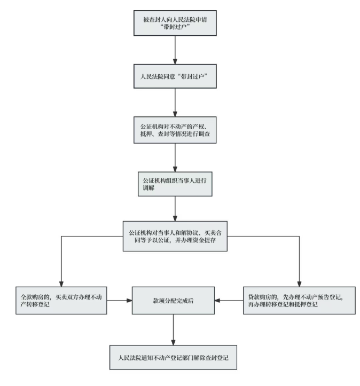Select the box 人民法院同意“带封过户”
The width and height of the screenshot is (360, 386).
[175, 76]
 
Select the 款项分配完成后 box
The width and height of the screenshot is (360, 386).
[173, 301]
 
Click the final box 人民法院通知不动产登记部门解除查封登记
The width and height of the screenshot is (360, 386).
[173, 354]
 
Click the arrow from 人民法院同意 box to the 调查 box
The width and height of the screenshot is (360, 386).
[175, 101]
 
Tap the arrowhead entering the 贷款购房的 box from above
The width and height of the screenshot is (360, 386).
[299, 283]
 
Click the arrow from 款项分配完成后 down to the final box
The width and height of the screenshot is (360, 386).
[173, 327]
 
